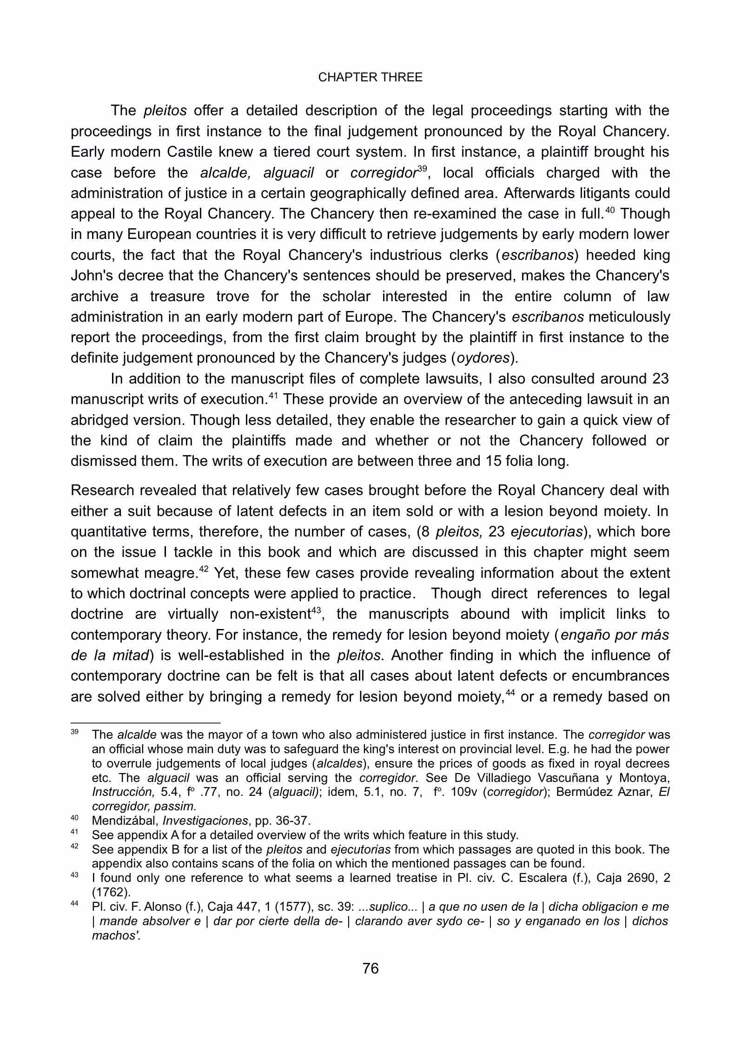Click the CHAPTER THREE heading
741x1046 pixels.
click(370, 78)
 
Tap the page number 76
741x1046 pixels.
click(370, 968)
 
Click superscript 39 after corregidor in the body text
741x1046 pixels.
click(422, 168)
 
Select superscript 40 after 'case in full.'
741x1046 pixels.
click(609, 210)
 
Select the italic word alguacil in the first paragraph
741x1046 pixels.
click(288, 173)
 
